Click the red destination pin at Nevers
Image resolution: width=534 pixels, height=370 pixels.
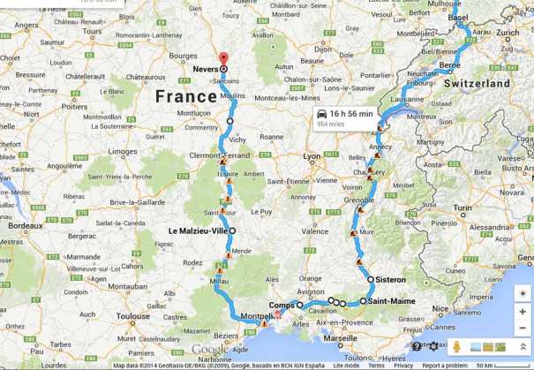(223, 59)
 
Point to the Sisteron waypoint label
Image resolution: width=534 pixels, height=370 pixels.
(390, 280)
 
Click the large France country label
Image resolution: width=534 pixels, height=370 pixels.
(191, 95)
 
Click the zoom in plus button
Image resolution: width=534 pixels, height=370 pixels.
(523, 312)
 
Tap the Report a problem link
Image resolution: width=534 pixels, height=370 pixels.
(444, 365)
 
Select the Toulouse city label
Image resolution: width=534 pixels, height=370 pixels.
(132, 315)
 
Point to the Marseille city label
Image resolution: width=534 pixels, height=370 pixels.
(340, 338)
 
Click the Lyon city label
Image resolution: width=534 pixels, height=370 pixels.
(311, 156)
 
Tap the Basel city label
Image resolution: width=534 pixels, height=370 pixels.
(459, 17)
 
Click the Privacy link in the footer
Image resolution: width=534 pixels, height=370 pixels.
(403, 365)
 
